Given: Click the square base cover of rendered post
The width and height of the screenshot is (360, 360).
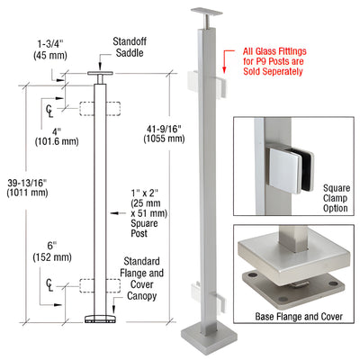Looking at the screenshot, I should pos(202,346).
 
